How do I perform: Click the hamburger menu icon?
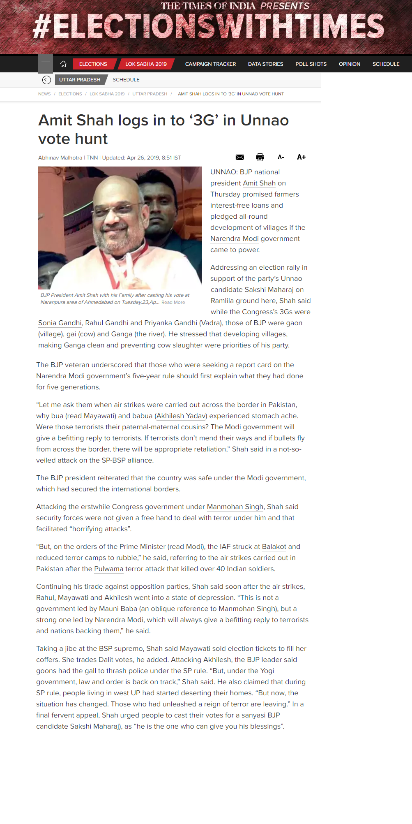tap(46, 64)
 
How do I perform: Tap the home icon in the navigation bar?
tap(63, 64)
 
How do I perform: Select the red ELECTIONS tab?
tap(93, 64)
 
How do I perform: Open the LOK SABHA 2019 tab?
tap(146, 64)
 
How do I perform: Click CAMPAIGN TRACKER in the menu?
tap(210, 64)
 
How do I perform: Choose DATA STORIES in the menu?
tap(265, 64)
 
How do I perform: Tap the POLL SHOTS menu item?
tap(311, 64)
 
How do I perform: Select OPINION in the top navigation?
tap(350, 64)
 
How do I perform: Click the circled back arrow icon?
tap(46, 80)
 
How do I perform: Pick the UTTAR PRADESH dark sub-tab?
tap(80, 80)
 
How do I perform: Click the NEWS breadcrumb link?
tap(44, 94)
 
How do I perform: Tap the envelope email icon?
tap(240, 157)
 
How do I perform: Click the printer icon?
tap(260, 157)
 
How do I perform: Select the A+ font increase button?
tap(302, 157)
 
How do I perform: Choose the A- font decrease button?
tap(281, 157)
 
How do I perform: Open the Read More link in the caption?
tap(173, 303)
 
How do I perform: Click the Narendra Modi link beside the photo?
tap(234, 239)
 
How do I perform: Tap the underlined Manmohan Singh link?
tap(235, 507)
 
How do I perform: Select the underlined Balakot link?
tap(274, 547)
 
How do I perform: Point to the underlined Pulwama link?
tap(108, 569)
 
